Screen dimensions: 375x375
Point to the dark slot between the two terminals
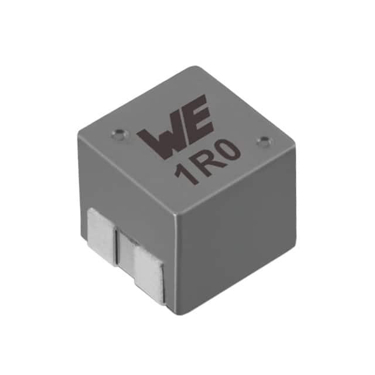tap(125, 251)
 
